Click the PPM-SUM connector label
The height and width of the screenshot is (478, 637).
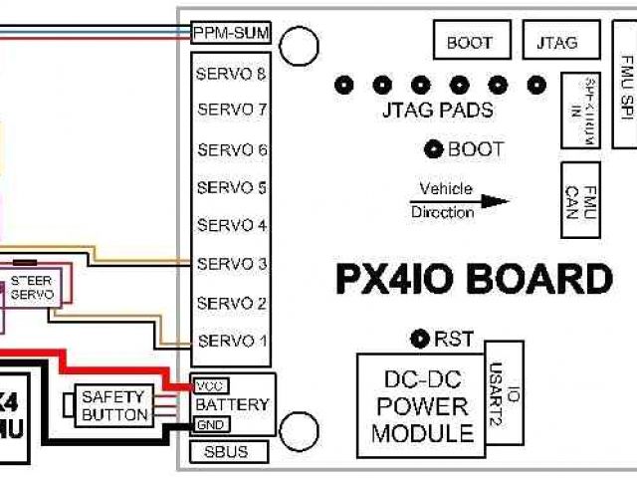(x=232, y=32)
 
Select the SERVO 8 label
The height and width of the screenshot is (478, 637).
(x=232, y=75)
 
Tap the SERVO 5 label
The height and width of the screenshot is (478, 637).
(x=232, y=187)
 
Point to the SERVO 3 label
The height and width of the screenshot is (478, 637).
(x=232, y=264)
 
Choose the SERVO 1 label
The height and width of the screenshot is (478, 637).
(x=232, y=341)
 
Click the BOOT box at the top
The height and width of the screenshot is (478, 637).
(x=470, y=42)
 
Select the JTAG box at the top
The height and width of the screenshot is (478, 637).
(x=554, y=42)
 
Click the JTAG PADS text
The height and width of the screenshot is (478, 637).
(x=437, y=111)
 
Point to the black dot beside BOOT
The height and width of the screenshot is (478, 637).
(x=434, y=149)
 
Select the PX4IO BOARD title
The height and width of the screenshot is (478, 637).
(x=473, y=280)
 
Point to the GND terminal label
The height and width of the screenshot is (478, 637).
(x=210, y=424)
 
